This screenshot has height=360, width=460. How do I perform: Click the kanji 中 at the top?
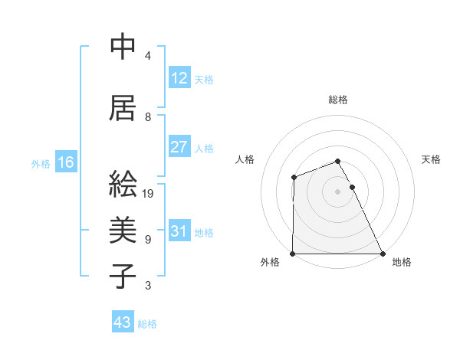[x=123, y=47]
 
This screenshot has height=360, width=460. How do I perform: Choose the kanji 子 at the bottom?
[x=123, y=276]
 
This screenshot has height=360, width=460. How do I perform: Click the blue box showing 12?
[x=179, y=78]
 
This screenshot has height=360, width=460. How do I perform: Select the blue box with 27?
[x=179, y=147]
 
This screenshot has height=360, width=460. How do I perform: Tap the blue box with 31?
[x=179, y=231]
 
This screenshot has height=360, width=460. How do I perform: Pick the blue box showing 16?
[x=65, y=162]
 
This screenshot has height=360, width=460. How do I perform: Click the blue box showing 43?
[x=122, y=322]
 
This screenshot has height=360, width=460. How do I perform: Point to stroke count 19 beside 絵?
[x=148, y=193]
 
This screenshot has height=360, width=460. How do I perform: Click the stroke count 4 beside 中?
[x=148, y=55]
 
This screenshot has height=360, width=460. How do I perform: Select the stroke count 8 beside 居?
[x=148, y=116]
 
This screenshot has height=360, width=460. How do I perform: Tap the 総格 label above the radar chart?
[x=338, y=100]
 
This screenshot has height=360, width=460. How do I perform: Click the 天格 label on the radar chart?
[x=432, y=159]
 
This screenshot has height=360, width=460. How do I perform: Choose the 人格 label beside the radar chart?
[x=245, y=159]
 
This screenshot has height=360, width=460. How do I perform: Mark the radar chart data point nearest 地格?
[x=383, y=254]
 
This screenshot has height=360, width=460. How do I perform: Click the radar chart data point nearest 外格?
[x=293, y=254]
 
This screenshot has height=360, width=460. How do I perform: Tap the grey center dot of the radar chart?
[x=338, y=191]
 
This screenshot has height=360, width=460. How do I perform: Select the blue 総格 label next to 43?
[x=147, y=324]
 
